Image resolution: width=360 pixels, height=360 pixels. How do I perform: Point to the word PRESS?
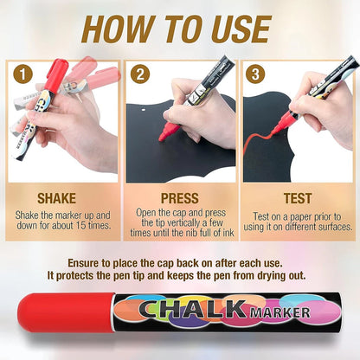click(x=180, y=198)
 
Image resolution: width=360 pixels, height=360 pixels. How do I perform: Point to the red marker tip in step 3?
click(x=279, y=130)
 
